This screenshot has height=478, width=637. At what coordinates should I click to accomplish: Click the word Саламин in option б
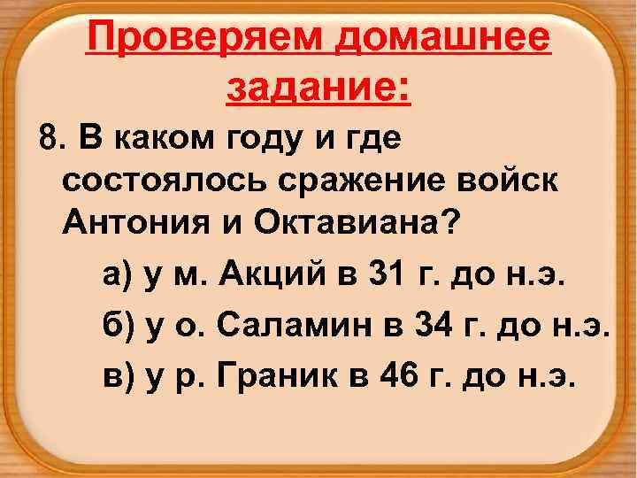pos(291,328)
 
